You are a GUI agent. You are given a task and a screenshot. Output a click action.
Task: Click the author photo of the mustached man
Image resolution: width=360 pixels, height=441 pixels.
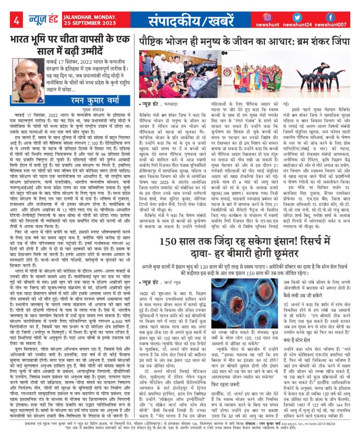(x=30, y=79)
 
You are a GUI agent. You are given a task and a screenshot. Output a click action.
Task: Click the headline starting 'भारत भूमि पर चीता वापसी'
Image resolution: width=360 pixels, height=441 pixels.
(x=69, y=44)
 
